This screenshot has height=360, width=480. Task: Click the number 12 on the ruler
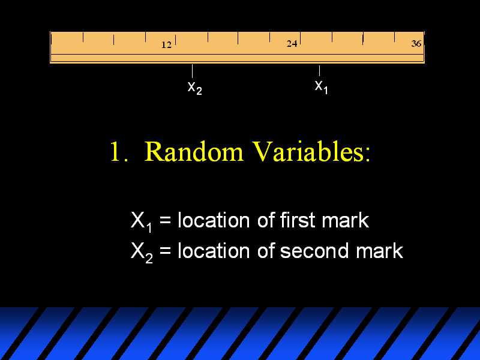tap(167, 45)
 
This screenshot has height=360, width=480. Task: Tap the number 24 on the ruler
tap(292, 44)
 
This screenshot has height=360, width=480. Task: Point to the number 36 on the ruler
tap(416, 44)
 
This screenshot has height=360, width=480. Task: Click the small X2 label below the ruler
tap(194, 88)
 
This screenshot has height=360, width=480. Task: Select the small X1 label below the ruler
tap(322, 87)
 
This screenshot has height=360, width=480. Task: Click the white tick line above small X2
tap(192, 71)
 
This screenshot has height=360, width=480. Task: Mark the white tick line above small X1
tap(319, 71)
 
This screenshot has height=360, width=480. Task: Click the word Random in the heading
tap(193, 151)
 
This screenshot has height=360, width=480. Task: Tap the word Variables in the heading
tap(307, 151)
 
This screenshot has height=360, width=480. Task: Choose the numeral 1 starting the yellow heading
tap(115, 151)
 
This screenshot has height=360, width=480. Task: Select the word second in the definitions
tap(314, 251)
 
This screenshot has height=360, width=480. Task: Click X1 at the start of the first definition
tap(142, 221)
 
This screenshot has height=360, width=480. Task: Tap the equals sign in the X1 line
tap(165, 220)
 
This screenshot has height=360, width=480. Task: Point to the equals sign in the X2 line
tap(165, 251)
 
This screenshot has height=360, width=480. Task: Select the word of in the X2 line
tap(265, 251)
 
